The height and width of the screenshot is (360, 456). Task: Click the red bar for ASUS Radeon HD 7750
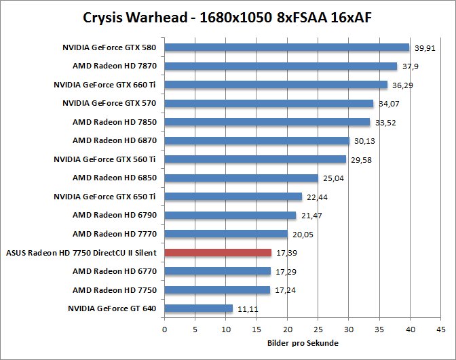[218, 253]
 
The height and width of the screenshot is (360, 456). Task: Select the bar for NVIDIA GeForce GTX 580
[287, 47]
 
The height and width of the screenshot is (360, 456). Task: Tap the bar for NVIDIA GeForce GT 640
[198, 308]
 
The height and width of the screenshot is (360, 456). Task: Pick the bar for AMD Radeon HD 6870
[256, 141]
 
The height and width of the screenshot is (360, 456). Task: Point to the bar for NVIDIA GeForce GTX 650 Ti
[233, 197]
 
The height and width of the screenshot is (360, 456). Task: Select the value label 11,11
[247, 309]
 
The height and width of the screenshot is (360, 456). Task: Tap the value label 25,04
[332, 178]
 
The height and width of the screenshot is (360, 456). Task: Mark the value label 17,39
[286, 253]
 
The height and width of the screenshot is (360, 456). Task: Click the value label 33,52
[384, 123]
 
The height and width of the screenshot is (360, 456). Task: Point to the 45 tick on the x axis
[441, 330]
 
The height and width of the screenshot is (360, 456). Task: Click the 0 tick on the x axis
[164, 330]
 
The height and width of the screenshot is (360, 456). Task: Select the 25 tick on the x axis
[318, 330]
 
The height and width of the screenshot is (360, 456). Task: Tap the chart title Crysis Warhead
[227, 17]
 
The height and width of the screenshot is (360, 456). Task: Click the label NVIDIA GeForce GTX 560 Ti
[105, 159]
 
